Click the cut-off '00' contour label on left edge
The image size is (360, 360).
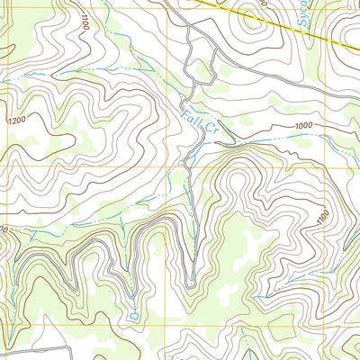point(4,231)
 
